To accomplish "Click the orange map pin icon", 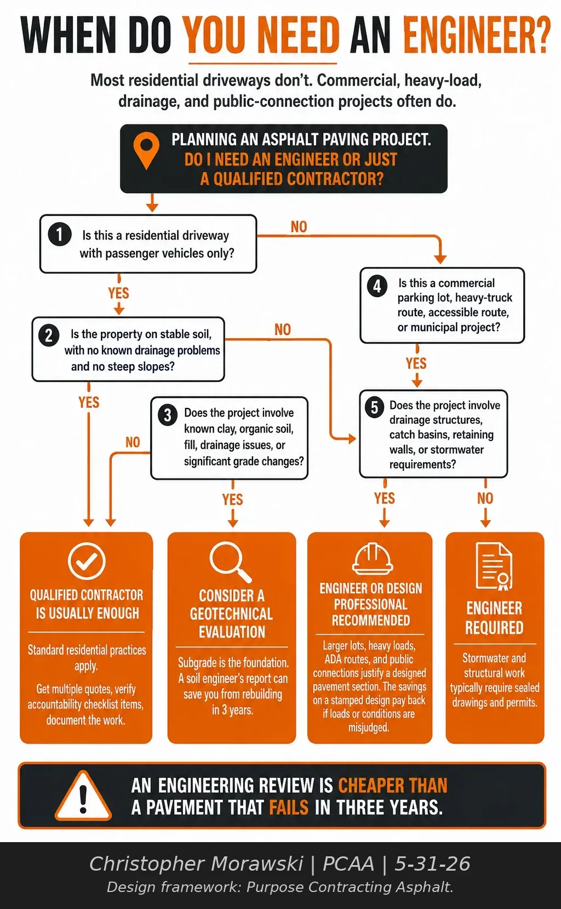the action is click(x=146, y=150).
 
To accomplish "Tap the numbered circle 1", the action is click(x=60, y=235).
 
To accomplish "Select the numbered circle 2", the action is click(x=49, y=336).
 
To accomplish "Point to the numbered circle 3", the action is click(x=168, y=415).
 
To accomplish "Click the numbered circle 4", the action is click(x=377, y=286).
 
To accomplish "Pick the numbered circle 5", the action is click(x=374, y=407).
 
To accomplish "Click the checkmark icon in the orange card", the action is click(x=87, y=561).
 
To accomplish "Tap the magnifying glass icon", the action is click(x=231, y=563).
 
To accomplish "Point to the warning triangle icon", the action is click(x=83, y=796).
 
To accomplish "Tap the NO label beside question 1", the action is click(x=299, y=227).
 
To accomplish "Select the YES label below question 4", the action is click(x=416, y=363).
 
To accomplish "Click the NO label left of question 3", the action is click(x=133, y=442).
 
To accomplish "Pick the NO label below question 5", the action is click(x=485, y=498).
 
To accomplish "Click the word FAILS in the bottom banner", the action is click(x=289, y=807).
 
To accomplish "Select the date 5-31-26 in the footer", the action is click(x=432, y=863).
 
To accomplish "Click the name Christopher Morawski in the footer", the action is click(x=196, y=863).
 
